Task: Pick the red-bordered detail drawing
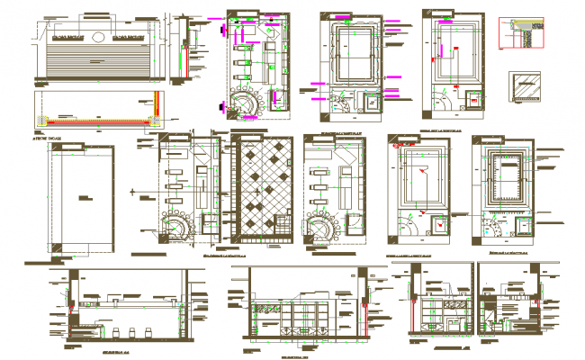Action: [x=522, y=31]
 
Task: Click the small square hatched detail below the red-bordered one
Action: [x=522, y=86]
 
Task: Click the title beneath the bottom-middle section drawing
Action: [x=296, y=355]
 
